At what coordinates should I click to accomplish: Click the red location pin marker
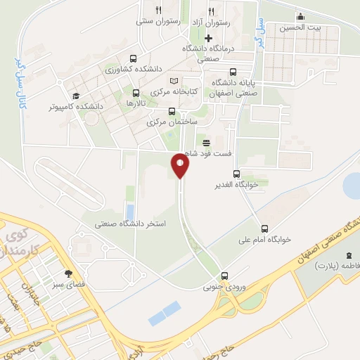tap(180, 166)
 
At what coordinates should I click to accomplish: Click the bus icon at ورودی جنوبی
tap(224, 276)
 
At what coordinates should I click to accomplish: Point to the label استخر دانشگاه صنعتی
tap(131, 225)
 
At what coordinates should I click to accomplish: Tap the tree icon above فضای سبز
tap(68, 273)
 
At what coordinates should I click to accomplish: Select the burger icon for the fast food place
tap(206, 142)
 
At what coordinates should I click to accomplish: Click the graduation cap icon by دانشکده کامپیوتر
tap(75, 96)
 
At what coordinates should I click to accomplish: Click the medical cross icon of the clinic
tap(207, 37)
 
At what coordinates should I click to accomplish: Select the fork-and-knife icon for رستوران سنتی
tap(158, 11)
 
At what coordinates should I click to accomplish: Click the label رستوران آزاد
tap(211, 22)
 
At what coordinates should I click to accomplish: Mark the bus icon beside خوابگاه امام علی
tap(264, 228)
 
